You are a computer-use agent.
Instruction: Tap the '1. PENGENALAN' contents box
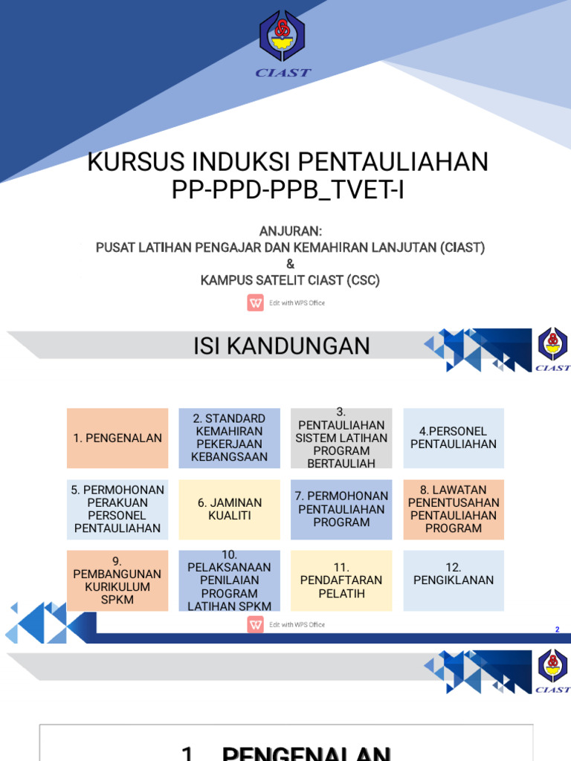[x=117, y=438]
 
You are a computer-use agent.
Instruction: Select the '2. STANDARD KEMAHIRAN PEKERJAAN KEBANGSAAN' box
[x=229, y=438]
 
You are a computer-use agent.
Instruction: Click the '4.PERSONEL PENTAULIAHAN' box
[x=454, y=438]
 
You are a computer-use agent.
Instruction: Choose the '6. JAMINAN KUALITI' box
[x=229, y=509]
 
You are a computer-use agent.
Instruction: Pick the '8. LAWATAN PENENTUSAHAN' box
[x=454, y=509]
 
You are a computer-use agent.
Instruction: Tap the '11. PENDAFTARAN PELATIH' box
[x=341, y=580]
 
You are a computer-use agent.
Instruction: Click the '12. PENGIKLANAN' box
[x=454, y=580]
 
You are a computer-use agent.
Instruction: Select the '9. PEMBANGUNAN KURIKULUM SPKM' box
[x=117, y=580]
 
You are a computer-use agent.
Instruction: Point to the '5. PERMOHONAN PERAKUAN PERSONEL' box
[x=117, y=509]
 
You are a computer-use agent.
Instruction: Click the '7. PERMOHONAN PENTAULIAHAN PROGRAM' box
[x=341, y=509]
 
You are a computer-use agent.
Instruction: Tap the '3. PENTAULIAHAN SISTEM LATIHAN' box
[x=341, y=438]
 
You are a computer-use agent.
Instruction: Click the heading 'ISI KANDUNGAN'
[x=282, y=346]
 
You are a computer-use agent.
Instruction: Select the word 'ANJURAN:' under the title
[x=290, y=231]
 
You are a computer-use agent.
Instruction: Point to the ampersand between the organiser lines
[x=290, y=264]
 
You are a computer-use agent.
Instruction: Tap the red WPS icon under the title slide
[x=255, y=302]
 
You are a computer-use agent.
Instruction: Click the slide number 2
[x=557, y=630]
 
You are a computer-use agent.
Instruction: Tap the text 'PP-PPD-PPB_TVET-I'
[x=288, y=190]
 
